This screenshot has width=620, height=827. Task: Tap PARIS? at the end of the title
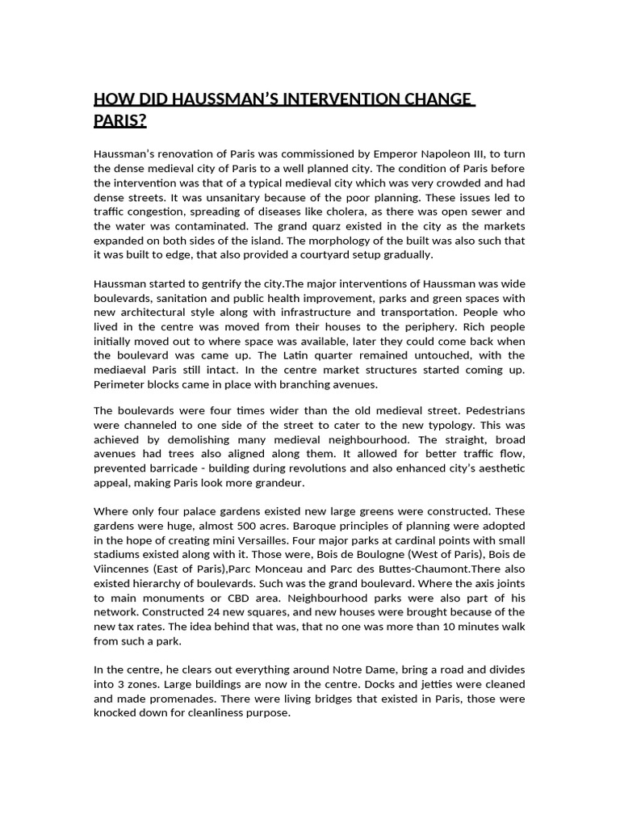[x=120, y=121]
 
